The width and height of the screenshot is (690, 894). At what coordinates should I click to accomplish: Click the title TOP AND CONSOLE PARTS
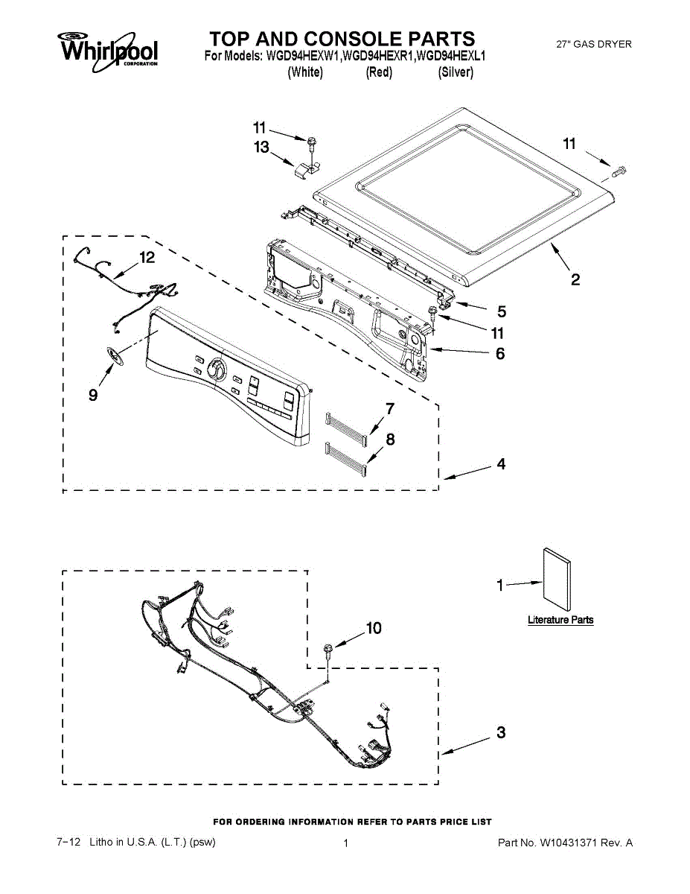342,39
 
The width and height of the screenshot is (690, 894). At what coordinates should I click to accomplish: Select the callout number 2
575,279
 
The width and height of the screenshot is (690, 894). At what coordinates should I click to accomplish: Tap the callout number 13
261,148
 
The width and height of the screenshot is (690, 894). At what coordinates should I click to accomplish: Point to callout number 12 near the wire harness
147,258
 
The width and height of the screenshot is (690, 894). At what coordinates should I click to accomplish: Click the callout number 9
93,395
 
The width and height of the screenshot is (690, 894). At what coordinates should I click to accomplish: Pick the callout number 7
389,408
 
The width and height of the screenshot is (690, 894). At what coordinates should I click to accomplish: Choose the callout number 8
390,440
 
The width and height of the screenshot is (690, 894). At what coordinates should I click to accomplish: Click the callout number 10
373,629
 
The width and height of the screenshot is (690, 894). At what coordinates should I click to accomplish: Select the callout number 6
500,353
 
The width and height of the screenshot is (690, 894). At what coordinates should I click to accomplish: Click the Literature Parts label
560,620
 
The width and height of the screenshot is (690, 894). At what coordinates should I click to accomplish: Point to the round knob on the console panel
217,369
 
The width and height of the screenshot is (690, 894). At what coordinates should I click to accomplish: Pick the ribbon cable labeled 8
346,457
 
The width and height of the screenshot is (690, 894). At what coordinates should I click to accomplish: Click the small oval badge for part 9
112,356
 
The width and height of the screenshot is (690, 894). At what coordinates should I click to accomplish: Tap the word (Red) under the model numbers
379,72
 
